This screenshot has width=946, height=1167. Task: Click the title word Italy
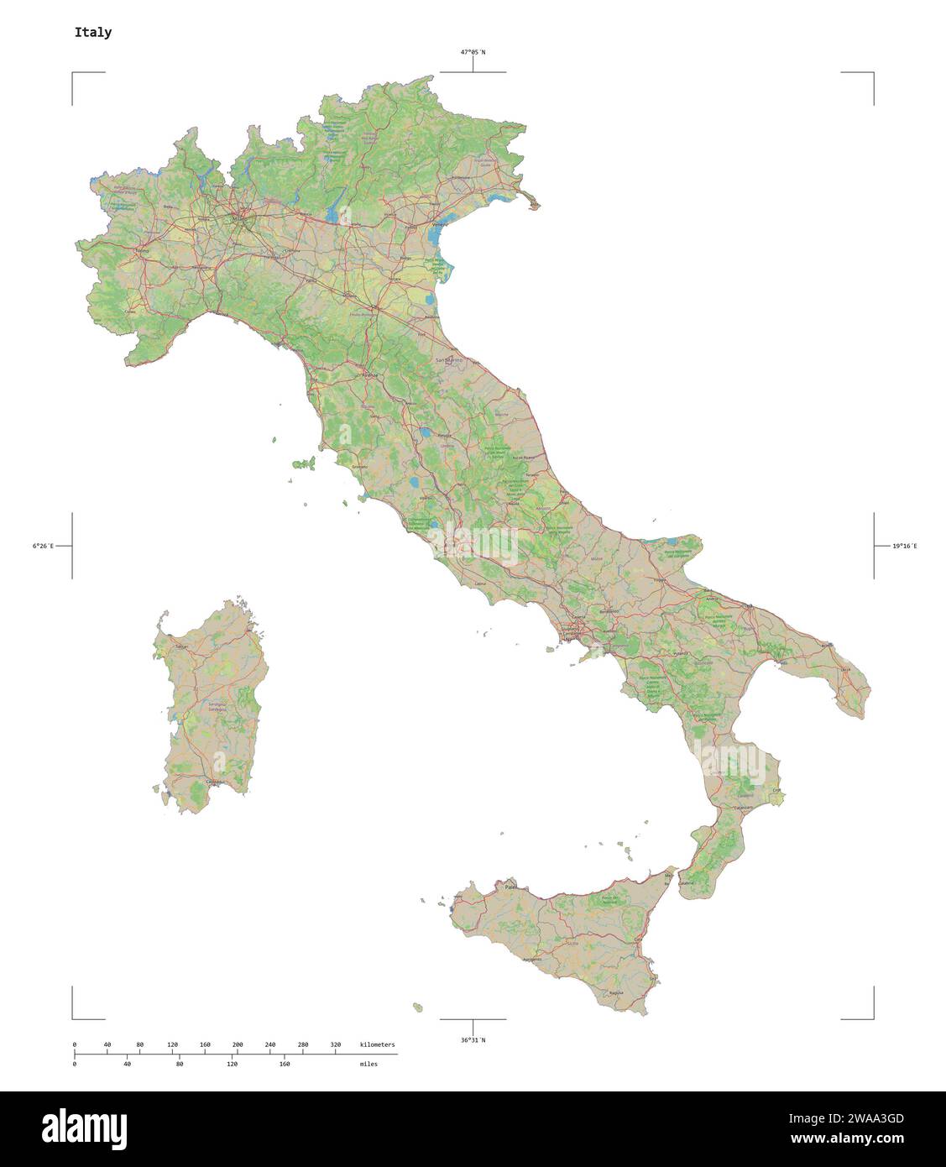[92, 33]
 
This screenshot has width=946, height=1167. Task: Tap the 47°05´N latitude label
[472, 52]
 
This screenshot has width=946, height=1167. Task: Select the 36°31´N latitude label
[472, 1040]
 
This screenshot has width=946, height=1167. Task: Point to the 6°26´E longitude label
[43, 546]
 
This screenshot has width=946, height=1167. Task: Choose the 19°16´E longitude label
[905, 546]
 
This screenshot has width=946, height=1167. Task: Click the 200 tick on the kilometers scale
[238, 1044]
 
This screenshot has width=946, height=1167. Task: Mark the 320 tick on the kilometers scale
[336, 1044]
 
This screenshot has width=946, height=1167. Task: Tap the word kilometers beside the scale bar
[377, 1044]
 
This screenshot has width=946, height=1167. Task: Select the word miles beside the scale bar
[368, 1064]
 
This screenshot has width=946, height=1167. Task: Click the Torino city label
[141, 250]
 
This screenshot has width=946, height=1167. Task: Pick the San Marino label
[449, 359]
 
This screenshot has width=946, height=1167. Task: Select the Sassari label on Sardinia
[180, 647]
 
